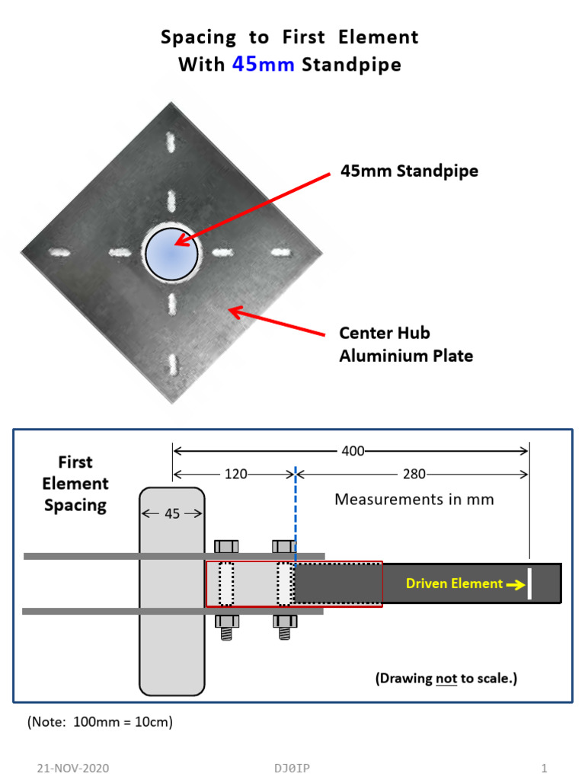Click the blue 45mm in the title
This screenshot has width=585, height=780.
coord(263,65)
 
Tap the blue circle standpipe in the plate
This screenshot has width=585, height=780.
coord(171,252)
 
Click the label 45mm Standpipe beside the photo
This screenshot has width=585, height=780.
coord(409,171)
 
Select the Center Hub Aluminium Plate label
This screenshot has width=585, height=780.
coord(406,344)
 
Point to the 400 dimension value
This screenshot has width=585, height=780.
coord(353,451)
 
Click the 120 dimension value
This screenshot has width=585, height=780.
coord(235,474)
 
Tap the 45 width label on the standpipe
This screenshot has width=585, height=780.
coord(172,513)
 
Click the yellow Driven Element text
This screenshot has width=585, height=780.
coord(454,583)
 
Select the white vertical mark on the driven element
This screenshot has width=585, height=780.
coord(529,583)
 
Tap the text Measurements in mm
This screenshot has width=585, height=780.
coord(414,500)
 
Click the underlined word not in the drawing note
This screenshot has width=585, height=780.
coord(446,678)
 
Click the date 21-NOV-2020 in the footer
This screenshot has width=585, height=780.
coord(72,768)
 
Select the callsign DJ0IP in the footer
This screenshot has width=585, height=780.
coord(292,768)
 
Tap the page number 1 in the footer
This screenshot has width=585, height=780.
coord(544,768)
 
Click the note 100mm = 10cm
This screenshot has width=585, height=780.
coord(100,721)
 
